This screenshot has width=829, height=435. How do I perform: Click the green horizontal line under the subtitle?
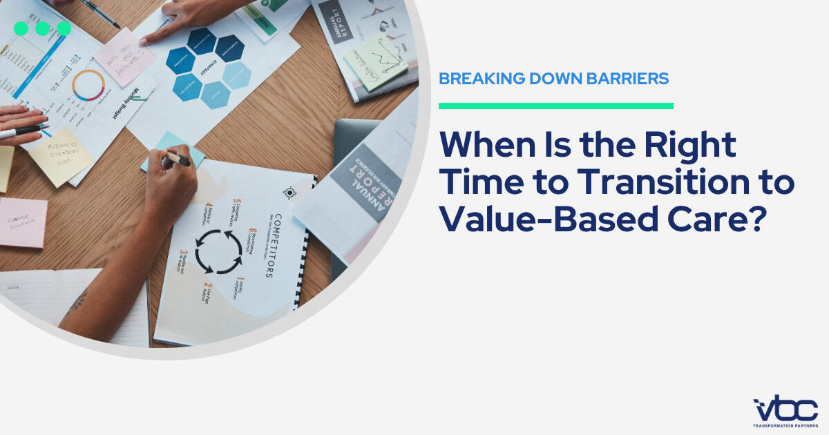[556, 106]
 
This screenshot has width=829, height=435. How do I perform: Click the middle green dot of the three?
[42, 28]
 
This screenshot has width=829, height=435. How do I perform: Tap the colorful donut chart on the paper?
[88, 86]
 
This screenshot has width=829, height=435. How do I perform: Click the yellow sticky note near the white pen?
[61, 155]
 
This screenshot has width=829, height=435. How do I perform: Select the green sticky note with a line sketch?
[376, 61]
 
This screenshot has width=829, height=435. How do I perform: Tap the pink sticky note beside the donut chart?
[124, 57]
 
